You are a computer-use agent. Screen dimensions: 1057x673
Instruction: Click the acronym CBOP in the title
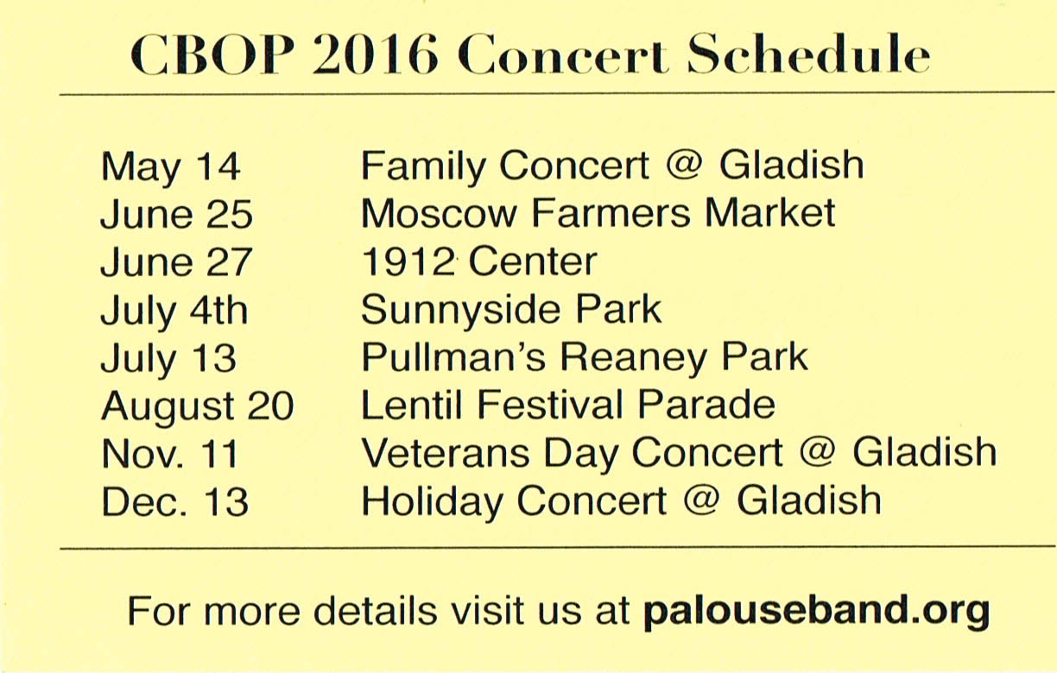[212, 54]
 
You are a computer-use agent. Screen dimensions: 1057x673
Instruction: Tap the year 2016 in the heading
[375, 54]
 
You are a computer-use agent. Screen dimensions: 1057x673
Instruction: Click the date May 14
[170, 168]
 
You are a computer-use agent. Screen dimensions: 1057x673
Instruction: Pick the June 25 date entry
[176, 214]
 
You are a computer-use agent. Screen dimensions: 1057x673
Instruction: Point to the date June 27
[176, 261]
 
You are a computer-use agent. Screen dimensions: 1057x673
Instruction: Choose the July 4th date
[174, 311]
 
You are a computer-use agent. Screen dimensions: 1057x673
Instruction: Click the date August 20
[197, 407]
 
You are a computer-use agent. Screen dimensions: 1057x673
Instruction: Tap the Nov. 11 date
[169, 453]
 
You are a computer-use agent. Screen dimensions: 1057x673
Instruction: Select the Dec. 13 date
[174, 501]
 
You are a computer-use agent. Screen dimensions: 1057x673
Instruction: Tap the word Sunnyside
[460, 311]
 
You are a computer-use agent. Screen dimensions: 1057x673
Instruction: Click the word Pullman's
[453, 357]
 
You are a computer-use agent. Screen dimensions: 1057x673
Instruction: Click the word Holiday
[432, 502]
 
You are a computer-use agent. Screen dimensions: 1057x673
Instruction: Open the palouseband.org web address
[816, 611]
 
